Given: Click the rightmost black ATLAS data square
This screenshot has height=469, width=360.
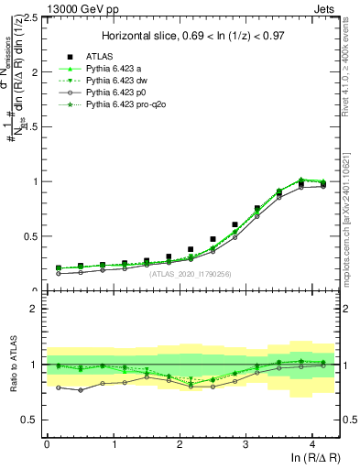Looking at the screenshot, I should tap(323, 184).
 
